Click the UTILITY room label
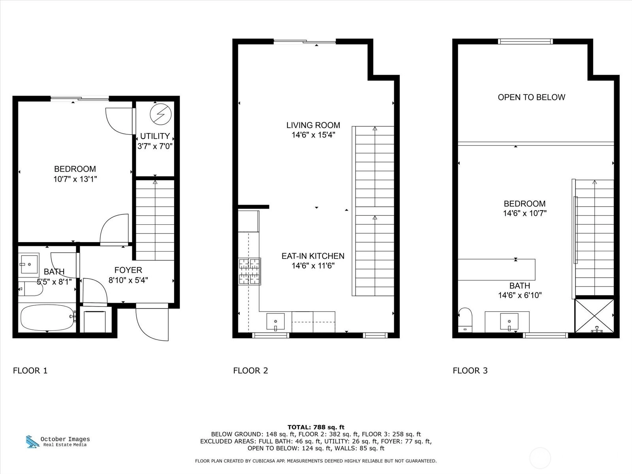coord(155,136)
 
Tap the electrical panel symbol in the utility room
coord(161,114)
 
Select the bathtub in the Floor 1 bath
coord(47,318)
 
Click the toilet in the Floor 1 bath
coord(30,289)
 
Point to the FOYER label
coord(128,270)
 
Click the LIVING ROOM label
coord(313,125)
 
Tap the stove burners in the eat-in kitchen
coord(249,271)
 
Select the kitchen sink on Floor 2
coord(276,322)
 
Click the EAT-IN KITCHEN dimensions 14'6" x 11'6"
coord(313,265)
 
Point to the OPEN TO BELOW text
coord(532,97)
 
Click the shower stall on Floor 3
coord(594,316)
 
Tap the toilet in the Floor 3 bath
coord(465,320)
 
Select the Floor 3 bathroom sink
coord(509,322)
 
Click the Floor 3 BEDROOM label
coord(525,204)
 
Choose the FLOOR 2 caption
coord(250,371)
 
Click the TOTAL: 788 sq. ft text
coord(316,427)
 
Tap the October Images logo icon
coord(32,442)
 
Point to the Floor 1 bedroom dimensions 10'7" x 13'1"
coord(75,179)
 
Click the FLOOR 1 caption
coord(30,371)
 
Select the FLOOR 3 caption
coord(470,371)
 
